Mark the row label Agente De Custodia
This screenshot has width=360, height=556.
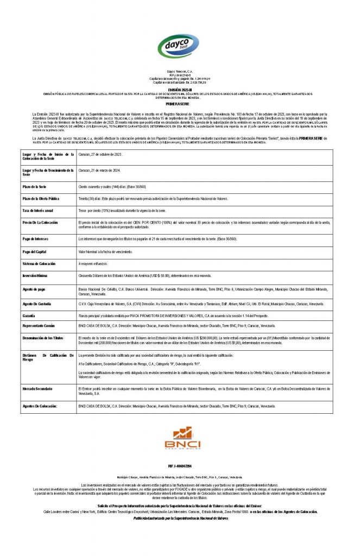point(37,304)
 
